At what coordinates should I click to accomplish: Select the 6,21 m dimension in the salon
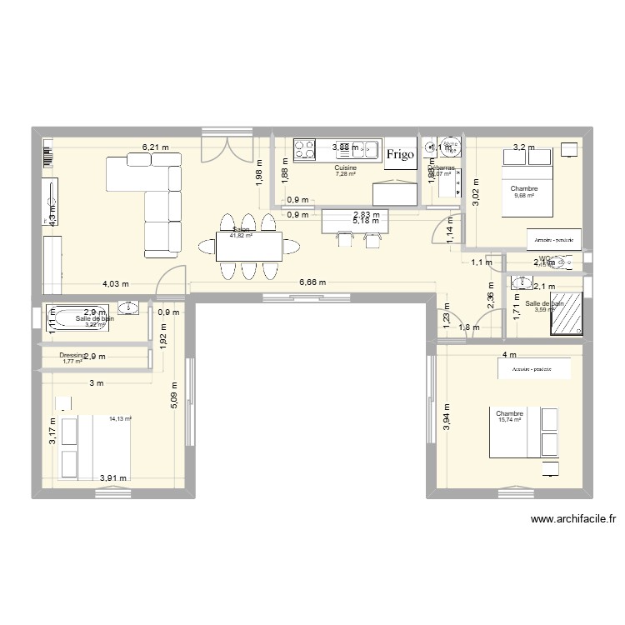(155, 147)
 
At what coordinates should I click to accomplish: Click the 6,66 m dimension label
(312, 283)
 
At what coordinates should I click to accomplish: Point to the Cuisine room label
(346, 167)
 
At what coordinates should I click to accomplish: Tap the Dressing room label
(72, 355)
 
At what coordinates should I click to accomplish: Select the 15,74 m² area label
(508, 420)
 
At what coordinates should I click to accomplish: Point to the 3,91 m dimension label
(113, 478)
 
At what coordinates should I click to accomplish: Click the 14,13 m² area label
(120, 420)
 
